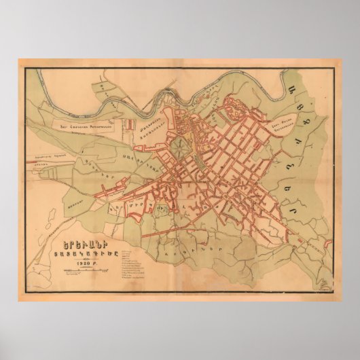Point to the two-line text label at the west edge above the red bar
pyautogui.click(x=43, y=157)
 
